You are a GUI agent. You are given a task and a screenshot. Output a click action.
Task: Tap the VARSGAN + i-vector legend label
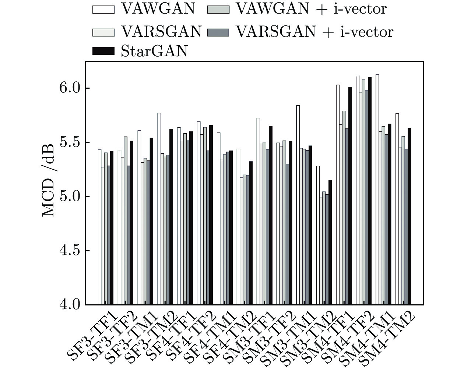click(x=314, y=32)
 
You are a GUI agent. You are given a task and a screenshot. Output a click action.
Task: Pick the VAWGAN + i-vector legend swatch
click(x=218, y=9)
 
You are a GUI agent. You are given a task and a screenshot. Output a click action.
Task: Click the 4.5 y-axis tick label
click(x=70, y=251)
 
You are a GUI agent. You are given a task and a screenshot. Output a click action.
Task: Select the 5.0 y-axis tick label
click(x=70, y=197)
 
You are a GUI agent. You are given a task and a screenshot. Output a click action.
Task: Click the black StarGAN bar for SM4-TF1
click(x=350, y=195)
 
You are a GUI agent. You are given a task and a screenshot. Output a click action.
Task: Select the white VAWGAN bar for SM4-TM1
click(x=377, y=190)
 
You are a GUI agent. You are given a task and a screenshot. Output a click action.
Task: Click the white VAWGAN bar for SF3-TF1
click(x=99, y=227)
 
